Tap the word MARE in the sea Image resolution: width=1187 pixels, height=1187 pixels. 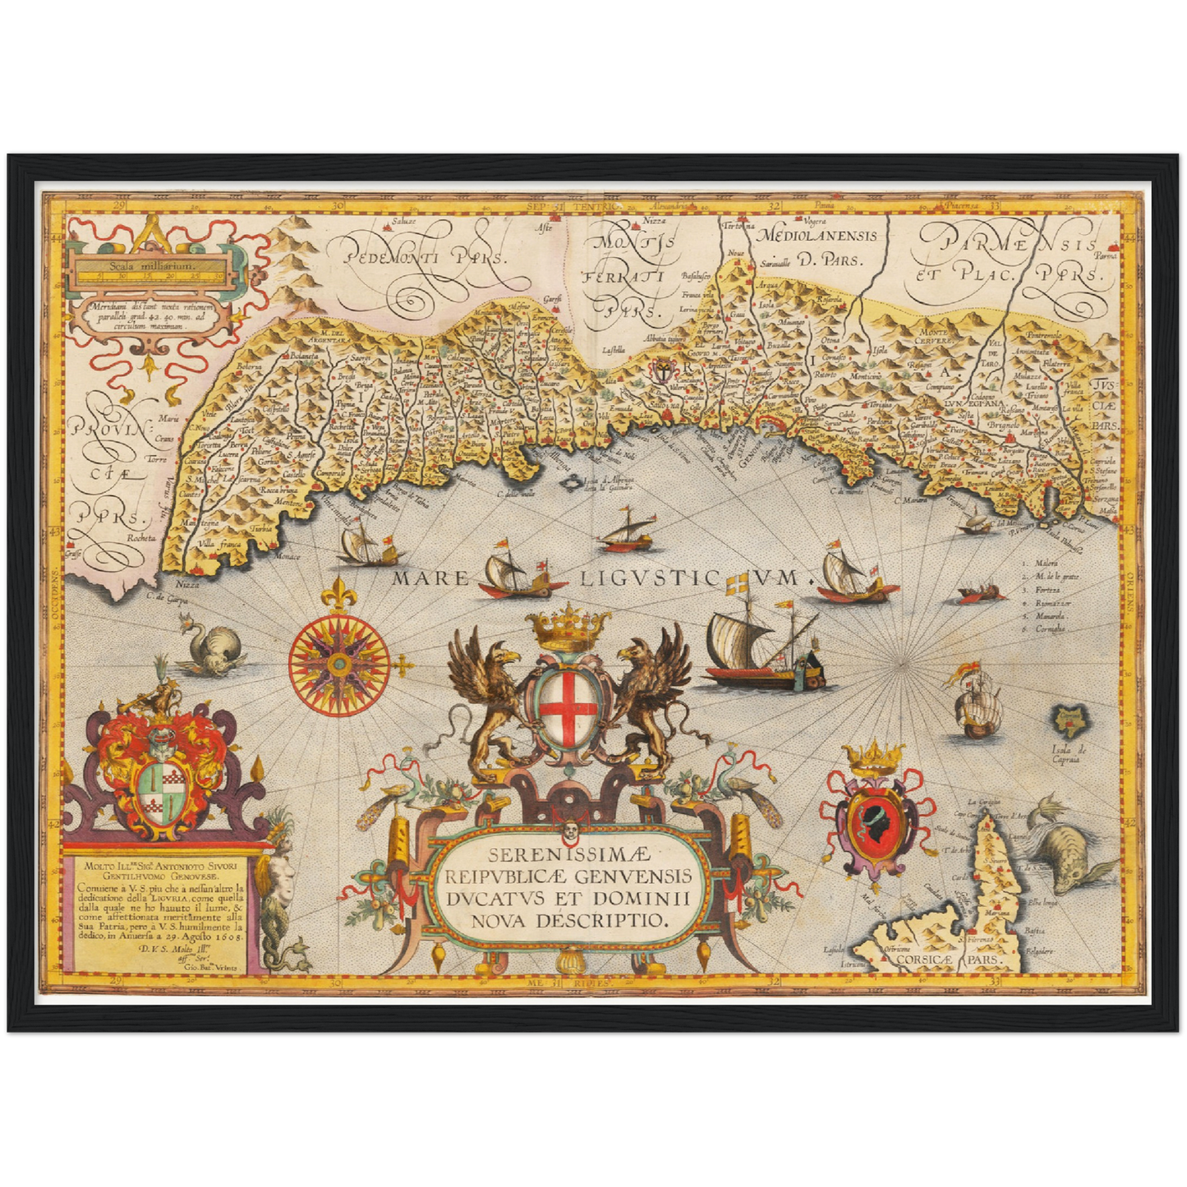(x=430, y=578)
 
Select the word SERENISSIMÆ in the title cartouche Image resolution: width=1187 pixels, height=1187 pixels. (x=568, y=856)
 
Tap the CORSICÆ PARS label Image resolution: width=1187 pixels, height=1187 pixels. (x=946, y=959)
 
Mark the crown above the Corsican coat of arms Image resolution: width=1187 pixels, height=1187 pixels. (x=876, y=758)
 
